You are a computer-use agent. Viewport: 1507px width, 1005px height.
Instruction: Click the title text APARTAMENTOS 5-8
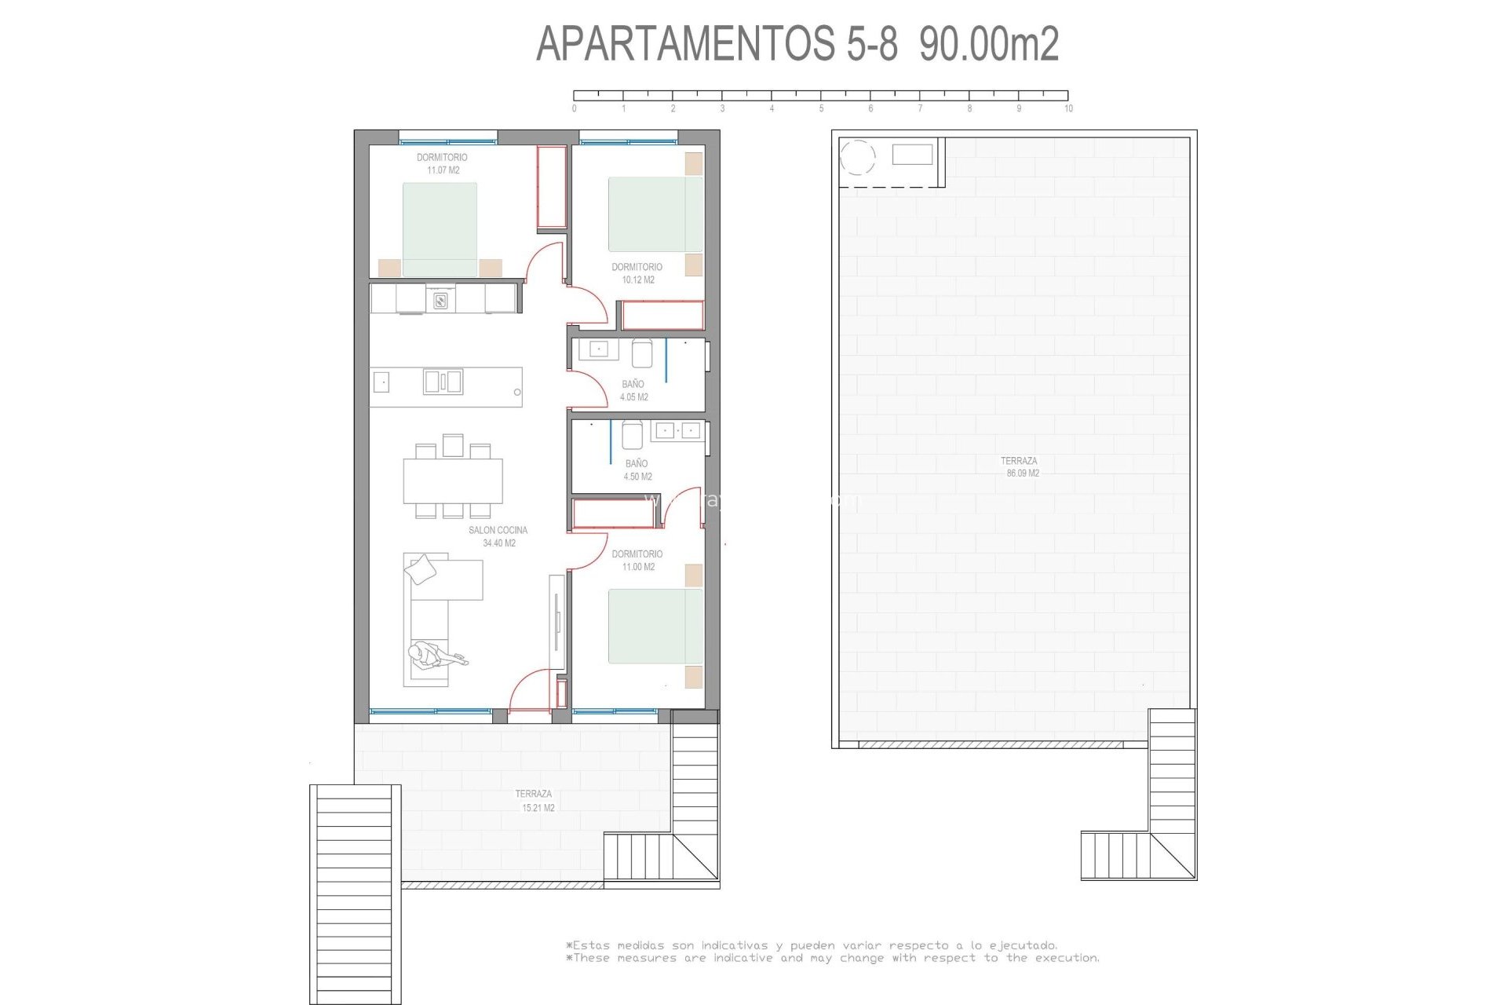717,44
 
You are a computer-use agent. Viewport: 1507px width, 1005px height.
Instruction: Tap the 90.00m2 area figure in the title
989,44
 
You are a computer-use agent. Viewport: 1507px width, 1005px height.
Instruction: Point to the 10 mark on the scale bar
1068,108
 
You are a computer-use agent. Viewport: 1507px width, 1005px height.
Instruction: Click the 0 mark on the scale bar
574,108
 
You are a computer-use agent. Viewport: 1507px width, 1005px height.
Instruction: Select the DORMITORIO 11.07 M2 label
442,164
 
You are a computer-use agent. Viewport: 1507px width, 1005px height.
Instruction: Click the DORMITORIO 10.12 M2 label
637,273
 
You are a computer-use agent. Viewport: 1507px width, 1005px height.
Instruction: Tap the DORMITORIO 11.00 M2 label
637,561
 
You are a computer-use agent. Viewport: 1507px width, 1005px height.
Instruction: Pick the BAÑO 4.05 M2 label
633,391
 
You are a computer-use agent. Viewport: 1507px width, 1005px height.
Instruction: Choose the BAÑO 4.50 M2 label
637,470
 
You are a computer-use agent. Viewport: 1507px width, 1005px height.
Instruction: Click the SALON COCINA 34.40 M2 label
498,536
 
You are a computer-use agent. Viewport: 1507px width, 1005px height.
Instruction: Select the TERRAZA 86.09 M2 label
1020,467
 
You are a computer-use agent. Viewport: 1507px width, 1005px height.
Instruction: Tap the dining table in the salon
453,481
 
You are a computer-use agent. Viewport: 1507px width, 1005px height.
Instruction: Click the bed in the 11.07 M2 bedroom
440,229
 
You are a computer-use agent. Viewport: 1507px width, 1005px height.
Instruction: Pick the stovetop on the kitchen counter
440,299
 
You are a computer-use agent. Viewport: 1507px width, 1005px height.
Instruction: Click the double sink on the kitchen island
443,382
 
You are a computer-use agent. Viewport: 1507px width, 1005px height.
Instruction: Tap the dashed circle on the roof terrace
857,158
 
